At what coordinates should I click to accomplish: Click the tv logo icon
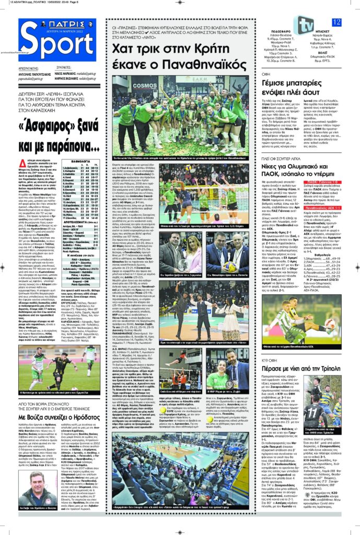pos(303,23)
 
